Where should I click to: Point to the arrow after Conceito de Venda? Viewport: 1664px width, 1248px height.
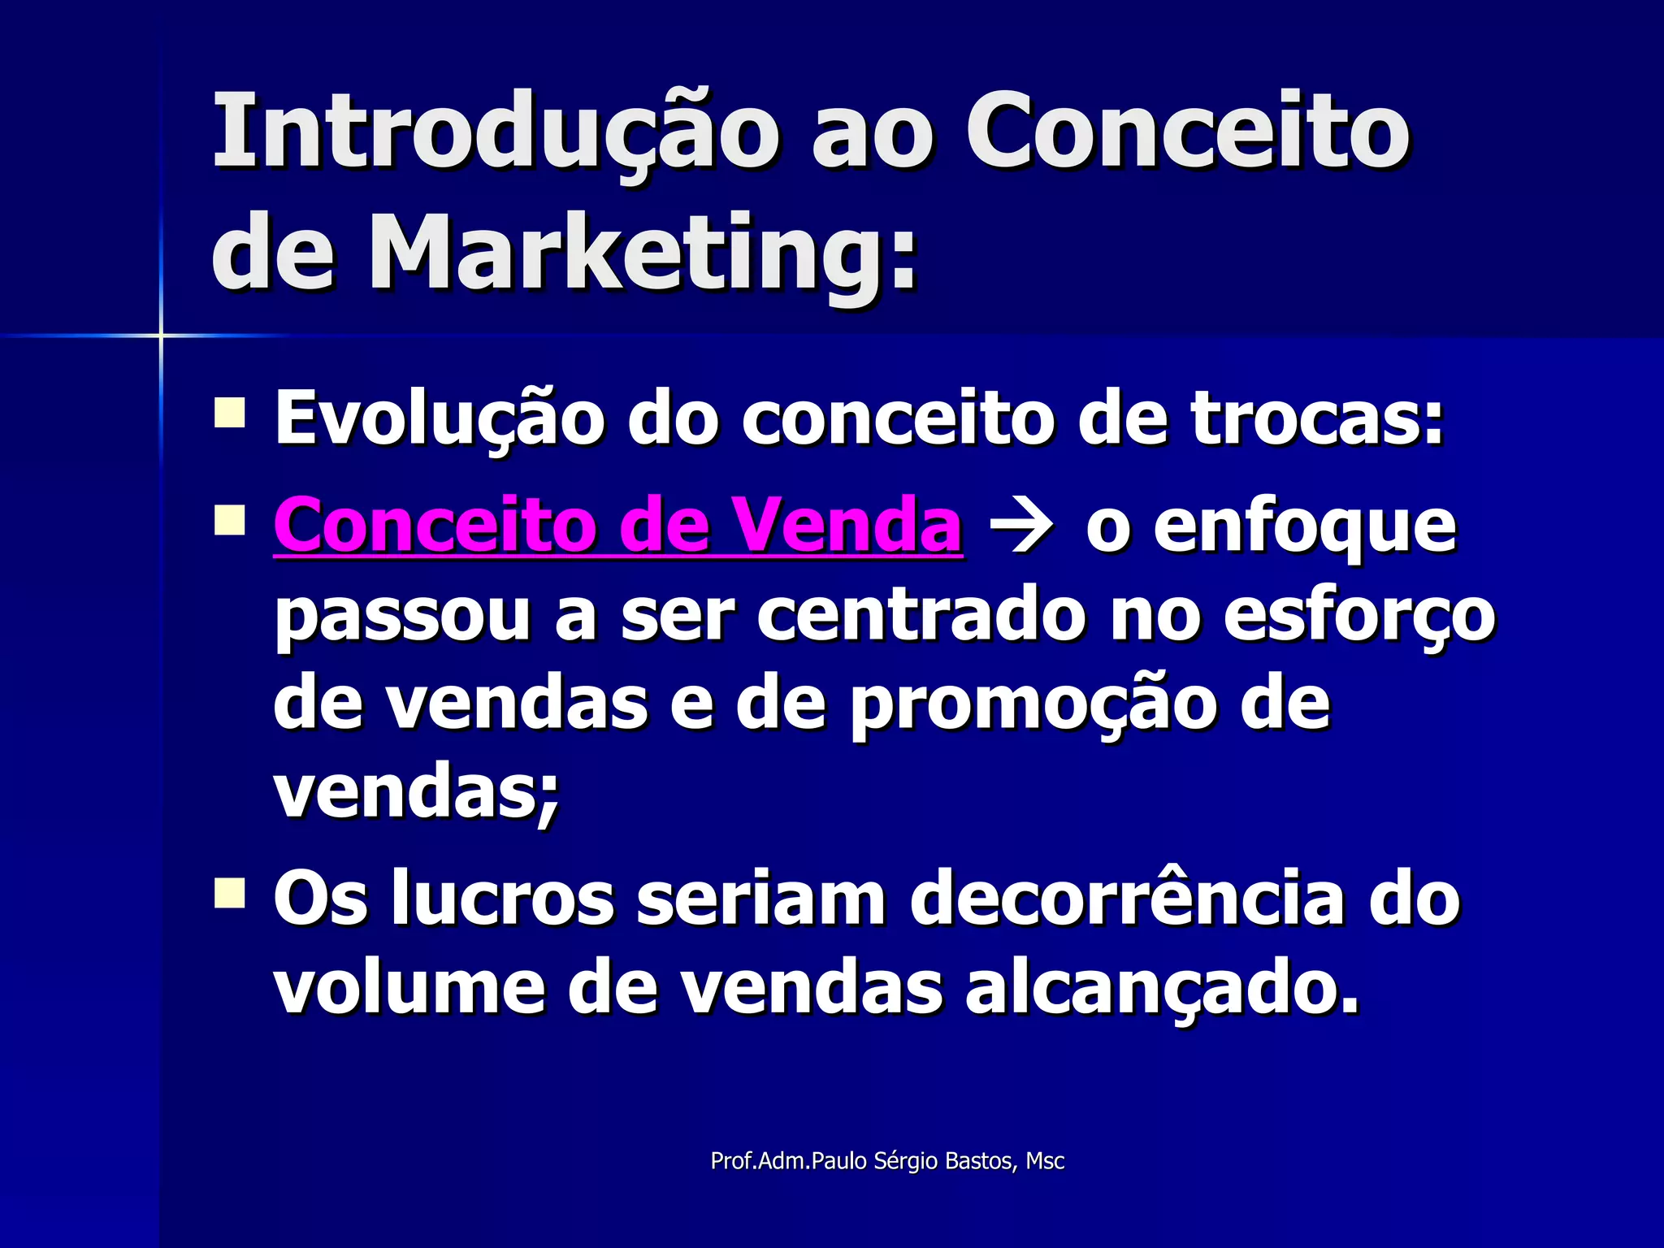click(x=1021, y=530)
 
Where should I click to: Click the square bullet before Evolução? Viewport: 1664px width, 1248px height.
click(x=230, y=412)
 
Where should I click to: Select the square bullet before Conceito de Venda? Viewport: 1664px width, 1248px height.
click(x=230, y=520)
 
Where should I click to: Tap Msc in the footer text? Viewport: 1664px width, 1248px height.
click(x=1045, y=1162)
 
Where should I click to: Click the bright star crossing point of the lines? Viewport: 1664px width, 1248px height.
click(x=161, y=335)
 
